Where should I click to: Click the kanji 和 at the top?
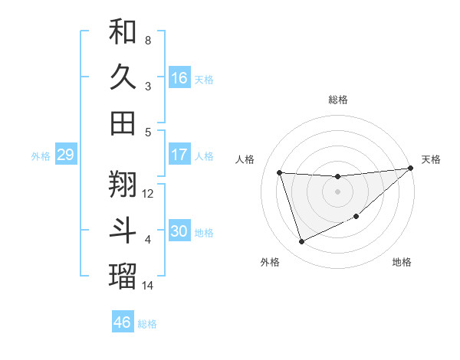pos(123,31)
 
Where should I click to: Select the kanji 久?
pos(123,77)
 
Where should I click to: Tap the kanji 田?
pos(123,123)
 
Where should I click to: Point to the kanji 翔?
pos(123,184)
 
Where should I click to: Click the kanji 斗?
pos(123,231)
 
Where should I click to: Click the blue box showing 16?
pos(179,78)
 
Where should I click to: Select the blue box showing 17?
pos(179,155)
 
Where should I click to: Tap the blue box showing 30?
pos(179,232)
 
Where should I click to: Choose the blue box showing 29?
pos(65,155)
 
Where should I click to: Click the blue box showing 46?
pos(123,322)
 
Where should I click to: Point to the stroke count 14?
pos(148,286)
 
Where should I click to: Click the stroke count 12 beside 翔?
pos(148,194)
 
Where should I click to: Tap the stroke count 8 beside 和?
pos(147,40)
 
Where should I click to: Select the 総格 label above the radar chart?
pos(338,100)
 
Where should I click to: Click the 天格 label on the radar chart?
pos(431,159)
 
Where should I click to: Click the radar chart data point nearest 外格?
pos(301,242)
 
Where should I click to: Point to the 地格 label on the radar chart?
pos(402,262)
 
